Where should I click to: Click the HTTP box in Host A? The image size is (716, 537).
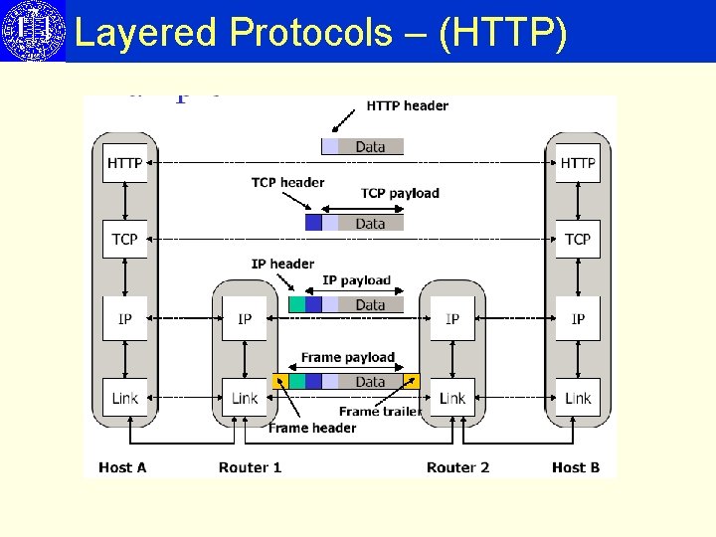(x=124, y=163)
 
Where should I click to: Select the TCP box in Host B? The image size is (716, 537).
(x=578, y=239)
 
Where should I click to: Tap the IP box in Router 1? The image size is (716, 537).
(x=245, y=319)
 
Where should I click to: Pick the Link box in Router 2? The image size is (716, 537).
(x=452, y=398)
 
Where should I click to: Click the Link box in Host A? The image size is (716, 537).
(x=124, y=398)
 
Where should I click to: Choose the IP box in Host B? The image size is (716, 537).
(x=578, y=319)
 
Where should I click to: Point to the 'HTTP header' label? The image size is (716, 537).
(x=408, y=105)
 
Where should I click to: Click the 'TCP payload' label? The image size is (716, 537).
(x=400, y=193)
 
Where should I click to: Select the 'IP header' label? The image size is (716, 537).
(x=282, y=264)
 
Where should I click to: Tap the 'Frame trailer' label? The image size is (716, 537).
(x=380, y=412)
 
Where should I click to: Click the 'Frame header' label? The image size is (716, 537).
(x=312, y=429)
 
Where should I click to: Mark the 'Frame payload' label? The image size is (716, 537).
(x=348, y=357)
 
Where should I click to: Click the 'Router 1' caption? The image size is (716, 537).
(x=250, y=467)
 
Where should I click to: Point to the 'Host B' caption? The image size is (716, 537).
(x=576, y=467)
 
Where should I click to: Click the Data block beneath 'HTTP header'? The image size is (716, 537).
(x=370, y=147)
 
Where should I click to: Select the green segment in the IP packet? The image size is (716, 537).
(x=296, y=305)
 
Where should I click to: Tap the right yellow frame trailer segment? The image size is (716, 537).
(x=412, y=381)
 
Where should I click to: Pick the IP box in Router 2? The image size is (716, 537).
(x=452, y=319)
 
